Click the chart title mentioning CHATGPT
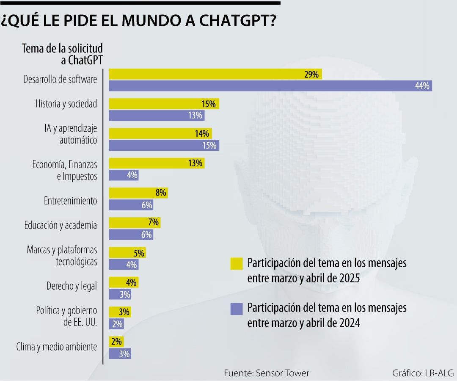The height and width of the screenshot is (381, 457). pos(140,20)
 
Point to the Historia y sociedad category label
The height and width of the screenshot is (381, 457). pos(66,104)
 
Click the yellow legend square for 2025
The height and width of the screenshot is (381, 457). pos(237,263)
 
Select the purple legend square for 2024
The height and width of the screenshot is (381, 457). pos(237,308)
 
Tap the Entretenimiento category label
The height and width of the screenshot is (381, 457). pos(70,201)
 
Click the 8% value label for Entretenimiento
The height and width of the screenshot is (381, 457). pos(161,193)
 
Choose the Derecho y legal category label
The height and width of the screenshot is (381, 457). pos(72,286)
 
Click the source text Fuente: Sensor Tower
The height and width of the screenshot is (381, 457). pos(266,373)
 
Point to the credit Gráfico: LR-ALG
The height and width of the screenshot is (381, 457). pos(423,373)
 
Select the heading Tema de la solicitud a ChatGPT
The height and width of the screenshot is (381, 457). pos(62,54)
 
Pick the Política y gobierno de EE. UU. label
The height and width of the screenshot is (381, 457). pos(67,317)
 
